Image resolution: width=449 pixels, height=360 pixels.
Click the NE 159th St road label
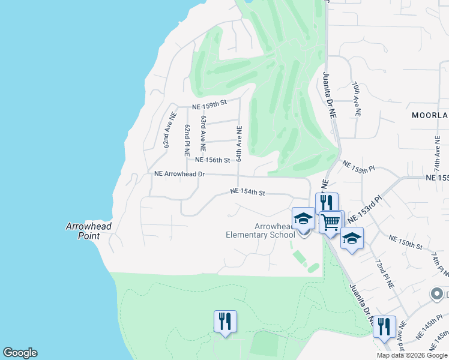(209, 104)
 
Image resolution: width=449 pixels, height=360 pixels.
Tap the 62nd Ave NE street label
(169, 130)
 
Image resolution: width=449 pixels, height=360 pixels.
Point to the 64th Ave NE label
(238, 143)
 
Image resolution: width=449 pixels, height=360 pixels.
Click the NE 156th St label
(212, 160)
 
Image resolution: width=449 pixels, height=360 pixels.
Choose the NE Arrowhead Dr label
(179, 174)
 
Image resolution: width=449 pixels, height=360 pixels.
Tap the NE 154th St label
(248, 193)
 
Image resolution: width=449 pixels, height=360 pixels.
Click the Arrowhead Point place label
(89, 231)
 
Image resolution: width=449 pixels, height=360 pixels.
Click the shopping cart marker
(331, 221)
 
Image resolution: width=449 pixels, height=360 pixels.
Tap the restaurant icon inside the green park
(225, 320)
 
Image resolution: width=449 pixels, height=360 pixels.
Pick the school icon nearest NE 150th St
(352, 238)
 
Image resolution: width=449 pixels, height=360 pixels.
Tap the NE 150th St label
(406, 242)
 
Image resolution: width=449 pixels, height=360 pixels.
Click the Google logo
(20, 353)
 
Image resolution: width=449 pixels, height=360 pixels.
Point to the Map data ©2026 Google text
(412, 355)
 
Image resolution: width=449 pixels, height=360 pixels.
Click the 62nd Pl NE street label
(187, 137)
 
